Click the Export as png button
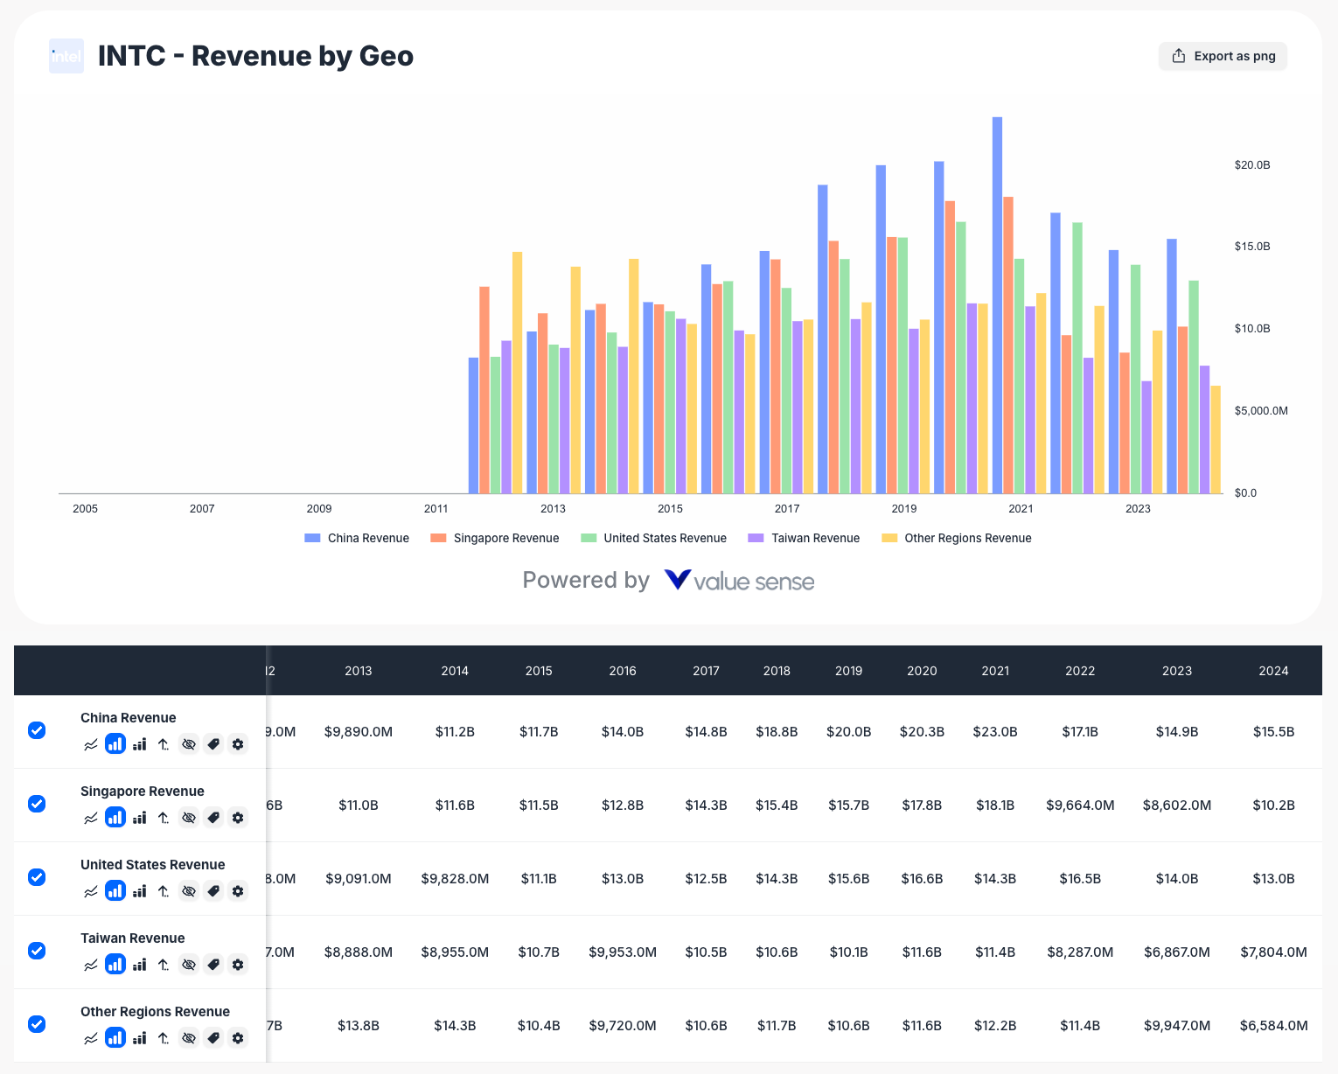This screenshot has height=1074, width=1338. tap(1223, 56)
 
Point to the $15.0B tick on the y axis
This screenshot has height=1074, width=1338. tap(1251, 247)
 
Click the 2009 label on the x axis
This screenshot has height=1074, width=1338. tap(319, 508)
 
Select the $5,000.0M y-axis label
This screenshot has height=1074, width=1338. tap(1260, 410)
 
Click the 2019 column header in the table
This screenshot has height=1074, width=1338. tap(848, 671)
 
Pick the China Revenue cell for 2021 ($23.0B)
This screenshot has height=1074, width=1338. tap(995, 731)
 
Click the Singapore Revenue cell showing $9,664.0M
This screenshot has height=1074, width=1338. tap(1080, 805)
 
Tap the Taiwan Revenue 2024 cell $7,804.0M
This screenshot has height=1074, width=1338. tap(1273, 952)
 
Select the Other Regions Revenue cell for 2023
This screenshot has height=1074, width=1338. tap(1176, 1025)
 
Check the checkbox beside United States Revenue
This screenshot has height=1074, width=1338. tap(37, 877)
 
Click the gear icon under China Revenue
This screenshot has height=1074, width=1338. tap(238, 744)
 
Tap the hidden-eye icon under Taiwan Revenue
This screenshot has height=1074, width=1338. tap(188, 965)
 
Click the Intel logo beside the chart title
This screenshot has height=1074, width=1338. tap(66, 56)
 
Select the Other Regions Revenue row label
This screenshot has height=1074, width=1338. tap(155, 1011)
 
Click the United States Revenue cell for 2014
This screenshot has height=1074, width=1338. tap(455, 878)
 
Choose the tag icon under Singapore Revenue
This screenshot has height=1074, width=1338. tap(213, 818)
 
